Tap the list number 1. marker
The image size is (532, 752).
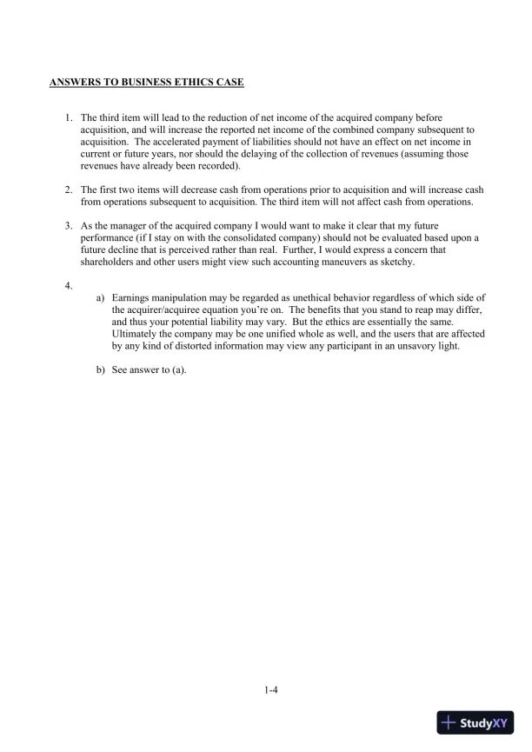(69, 117)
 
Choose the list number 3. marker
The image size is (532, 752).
(69, 225)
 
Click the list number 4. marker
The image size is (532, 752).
(69, 284)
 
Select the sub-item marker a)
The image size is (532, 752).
(101, 297)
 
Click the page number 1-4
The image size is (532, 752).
(270, 691)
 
